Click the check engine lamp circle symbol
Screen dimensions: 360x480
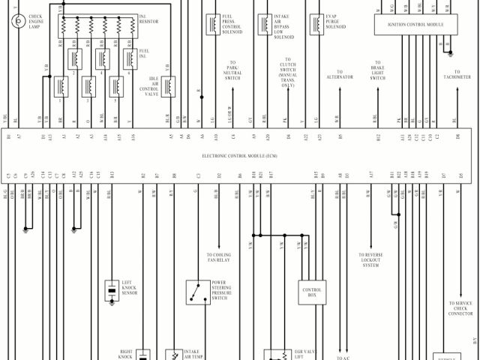16,20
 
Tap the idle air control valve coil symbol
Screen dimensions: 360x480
169,86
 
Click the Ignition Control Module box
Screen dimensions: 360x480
415,25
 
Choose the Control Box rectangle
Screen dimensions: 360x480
312,292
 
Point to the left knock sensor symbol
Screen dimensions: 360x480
112,288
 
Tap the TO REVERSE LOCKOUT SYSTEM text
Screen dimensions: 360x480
370,259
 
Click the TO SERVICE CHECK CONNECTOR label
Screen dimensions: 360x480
460,308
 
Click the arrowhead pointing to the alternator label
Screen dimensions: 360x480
339,91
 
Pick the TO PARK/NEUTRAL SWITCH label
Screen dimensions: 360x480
233,70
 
